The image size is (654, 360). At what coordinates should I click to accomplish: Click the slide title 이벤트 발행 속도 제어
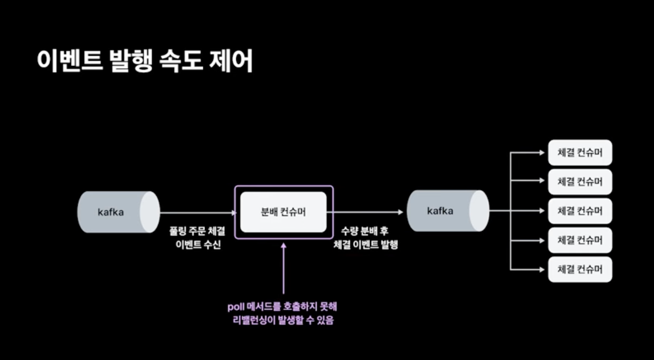(x=145, y=61)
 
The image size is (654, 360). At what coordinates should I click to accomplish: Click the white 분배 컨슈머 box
(x=283, y=212)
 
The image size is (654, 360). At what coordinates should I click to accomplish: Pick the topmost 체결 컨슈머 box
(x=580, y=153)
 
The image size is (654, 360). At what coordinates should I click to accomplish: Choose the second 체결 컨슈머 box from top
(x=580, y=182)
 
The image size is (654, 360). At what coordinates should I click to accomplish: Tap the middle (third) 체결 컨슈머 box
(x=580, y=211)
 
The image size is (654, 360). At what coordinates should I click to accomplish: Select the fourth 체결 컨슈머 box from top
(x=580, y=240)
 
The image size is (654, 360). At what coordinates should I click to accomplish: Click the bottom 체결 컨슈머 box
(x=580, y=269)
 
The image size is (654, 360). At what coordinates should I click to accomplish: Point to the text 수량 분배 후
(x=365, y=232)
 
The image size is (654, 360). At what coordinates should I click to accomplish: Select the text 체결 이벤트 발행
(x=366, y=245)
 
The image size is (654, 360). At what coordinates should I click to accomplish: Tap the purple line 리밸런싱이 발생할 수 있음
(x=283, y=321)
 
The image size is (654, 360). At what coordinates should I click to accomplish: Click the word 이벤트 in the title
(x=68, y=61)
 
